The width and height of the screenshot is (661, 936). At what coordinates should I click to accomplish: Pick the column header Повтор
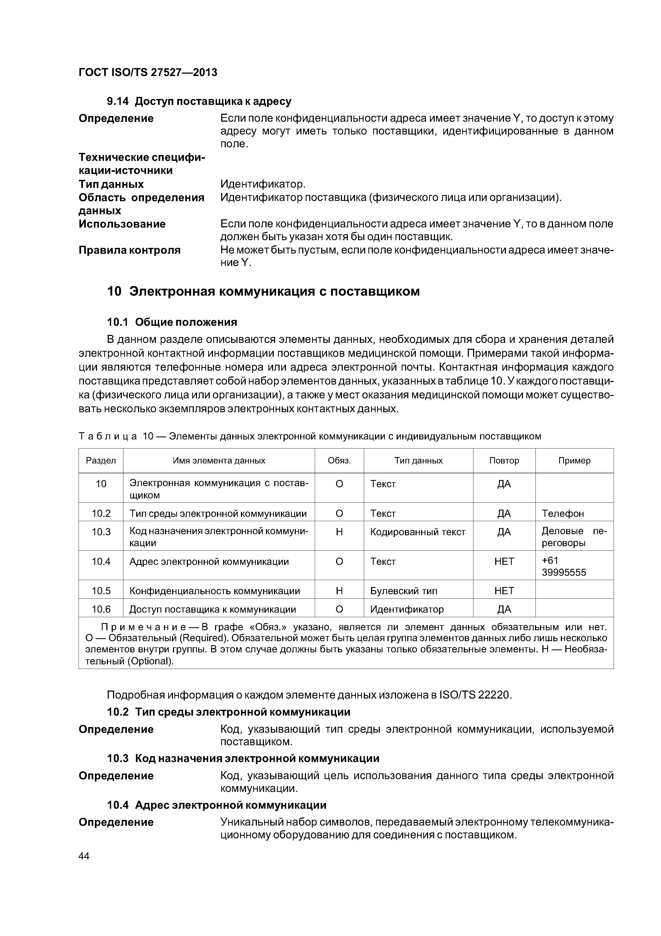(x=504, y=461)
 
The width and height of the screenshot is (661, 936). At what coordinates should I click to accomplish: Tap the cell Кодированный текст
(x=417, y=532)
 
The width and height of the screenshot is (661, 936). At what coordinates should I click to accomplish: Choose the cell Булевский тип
(x=404, y=591)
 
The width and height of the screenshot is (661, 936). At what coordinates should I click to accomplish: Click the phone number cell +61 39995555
(x=564, y=567)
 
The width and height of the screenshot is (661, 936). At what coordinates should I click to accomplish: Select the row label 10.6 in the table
(x=101, y=609)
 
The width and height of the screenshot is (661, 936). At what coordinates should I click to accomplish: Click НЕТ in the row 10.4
(x=504, y=561)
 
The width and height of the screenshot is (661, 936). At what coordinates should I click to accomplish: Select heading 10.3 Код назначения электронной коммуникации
(x=243, y=758)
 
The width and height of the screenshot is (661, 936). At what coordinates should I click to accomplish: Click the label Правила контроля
(x=130, y=250)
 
